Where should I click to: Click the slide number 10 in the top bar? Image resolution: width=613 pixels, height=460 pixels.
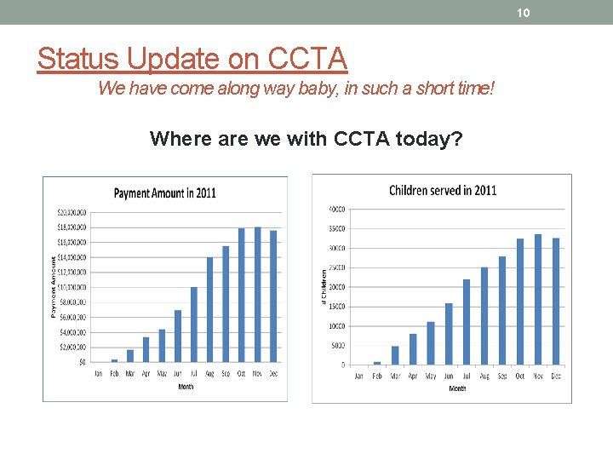pyautogui.click(x=524, y=12)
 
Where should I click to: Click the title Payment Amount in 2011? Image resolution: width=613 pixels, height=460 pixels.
pyautogui.click(x=164, y=193)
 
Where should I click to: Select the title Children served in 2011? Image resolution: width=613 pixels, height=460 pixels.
pyautogui.click(x=442, y=190)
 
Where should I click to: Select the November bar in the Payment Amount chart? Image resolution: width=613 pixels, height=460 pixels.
pyautogui.click(x=258, y=294)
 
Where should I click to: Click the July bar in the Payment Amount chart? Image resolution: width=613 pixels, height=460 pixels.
pyautogui.click(x=194, y=324)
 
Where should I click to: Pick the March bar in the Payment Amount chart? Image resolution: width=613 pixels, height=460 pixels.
pyautogui.click(x=130, y=355)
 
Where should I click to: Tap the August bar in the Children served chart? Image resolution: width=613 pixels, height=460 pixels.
pyautogui.click(x=484, y=315)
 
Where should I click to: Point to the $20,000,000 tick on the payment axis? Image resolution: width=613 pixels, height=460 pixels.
pyautogui.click(x=71, y=212)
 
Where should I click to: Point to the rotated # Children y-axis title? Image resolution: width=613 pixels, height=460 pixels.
pyautogui.click(x=324, y=287)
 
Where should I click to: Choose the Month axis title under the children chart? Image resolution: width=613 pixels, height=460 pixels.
pyautogui.click(x=457, y=388)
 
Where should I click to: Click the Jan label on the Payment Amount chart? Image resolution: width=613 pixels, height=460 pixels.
pyautogui.click(x=98, y=374)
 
